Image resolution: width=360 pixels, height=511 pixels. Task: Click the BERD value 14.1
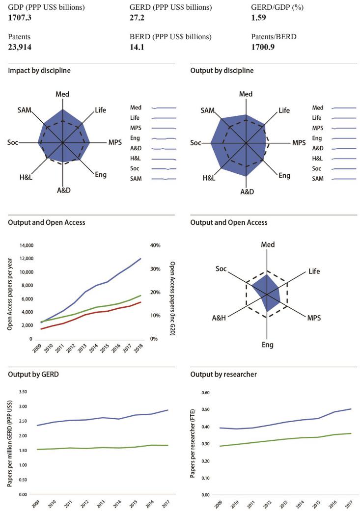click(137, 48)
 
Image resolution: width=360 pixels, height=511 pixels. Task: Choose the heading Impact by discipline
click(39, 71)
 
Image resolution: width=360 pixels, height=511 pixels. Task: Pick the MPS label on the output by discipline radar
click(299, 143)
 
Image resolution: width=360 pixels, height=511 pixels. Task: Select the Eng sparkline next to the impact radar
click(164, 138)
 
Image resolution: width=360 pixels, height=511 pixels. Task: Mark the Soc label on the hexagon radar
click(221, 269)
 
